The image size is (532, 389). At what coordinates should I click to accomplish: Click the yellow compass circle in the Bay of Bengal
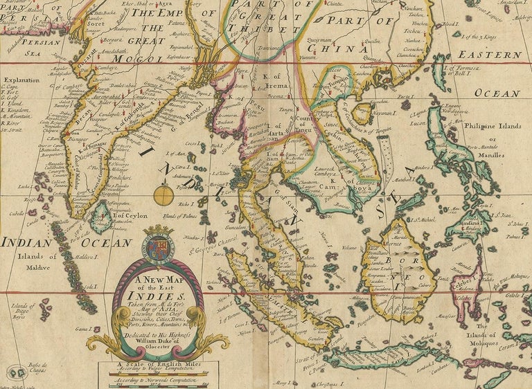164,194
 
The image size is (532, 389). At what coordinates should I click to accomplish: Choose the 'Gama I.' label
83,330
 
